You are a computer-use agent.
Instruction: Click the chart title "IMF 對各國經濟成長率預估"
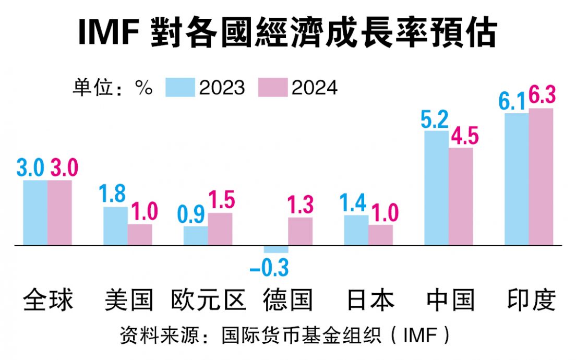point(287,32)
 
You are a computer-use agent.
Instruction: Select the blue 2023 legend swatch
point(181,87)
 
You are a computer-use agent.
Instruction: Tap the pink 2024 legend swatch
point(273,87)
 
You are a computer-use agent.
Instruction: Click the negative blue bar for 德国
point(276,249)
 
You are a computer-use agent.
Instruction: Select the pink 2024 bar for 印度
point(541,177)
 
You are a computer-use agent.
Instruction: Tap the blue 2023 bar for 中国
point(436,188)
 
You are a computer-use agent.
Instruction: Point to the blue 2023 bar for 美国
point(115,226)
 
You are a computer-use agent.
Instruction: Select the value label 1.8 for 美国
point(114,194)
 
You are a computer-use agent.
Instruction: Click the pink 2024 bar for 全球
point(59,212)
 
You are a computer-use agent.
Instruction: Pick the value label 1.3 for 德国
point(301,205)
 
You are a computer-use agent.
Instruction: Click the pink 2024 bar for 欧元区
point(220,229)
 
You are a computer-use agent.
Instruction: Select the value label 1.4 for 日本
point(354,203)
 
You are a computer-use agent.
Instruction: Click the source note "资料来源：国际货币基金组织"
point(284,335)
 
